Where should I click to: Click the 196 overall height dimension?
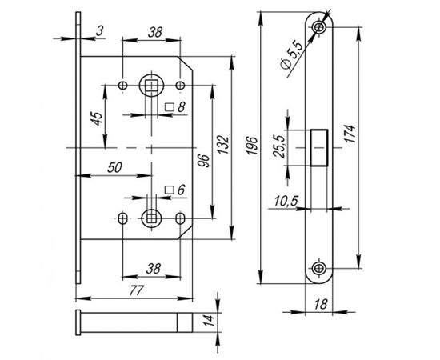pos(252,146)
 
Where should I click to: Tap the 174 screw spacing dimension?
pos(350,134)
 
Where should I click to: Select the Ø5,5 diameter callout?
pos(292,55)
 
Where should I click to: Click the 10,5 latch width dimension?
pos(286,201)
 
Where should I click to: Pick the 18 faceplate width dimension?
pos(321,304)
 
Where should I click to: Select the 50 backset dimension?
pos(114,167)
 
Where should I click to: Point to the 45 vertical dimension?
pos(96,118)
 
